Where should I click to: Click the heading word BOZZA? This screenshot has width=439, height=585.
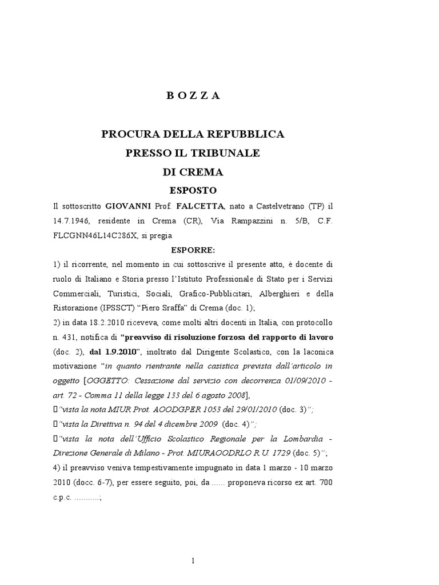point(193,96)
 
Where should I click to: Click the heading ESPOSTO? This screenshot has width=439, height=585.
point(193,190)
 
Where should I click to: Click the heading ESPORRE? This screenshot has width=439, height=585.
point(193,250)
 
